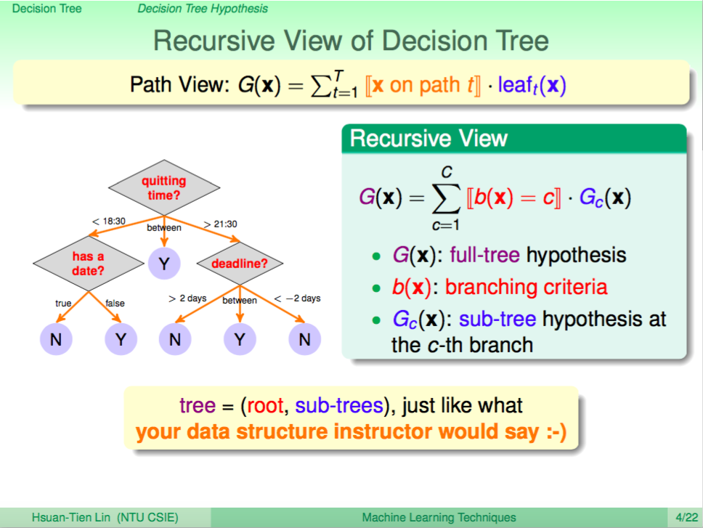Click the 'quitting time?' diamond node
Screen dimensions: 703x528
(x=164, y=187)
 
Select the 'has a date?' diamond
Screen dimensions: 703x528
(x=89, y=263)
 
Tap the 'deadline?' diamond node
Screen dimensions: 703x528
(x=240, y=263)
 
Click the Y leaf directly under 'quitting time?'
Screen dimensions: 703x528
(x=164, y=263)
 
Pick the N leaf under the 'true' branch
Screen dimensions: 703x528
(x=56, y=339)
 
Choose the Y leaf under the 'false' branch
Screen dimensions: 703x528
(x=121, y=339)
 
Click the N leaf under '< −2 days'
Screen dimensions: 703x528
(x=305, y=339)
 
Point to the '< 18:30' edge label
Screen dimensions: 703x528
(x=109, y=221)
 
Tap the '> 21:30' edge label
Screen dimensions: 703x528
(x=220, y=224)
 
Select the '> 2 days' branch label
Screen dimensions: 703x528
(x=187, y=298)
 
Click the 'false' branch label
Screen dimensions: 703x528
(x=115, y=304)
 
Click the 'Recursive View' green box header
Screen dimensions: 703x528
(x=514, y=139)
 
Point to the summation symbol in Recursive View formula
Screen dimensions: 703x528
(x=447, y=199)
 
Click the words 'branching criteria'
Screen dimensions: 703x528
(x=527, y=287)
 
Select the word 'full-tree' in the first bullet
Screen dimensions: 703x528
(x=484, y=255)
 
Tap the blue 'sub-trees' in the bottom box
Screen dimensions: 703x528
(x=339, y=405)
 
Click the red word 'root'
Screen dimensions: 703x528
(x=265, y=406)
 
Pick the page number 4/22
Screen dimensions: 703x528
(x=687, y=518)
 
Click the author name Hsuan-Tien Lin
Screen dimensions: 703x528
(x=71, y=518)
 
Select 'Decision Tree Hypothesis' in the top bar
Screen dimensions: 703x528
(x=203, y=9)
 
